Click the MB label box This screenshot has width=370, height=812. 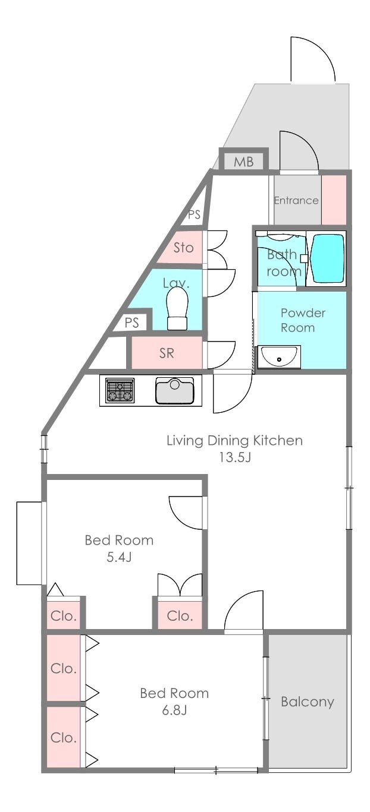[x=244, y=162]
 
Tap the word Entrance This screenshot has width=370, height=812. [x=296, y=200]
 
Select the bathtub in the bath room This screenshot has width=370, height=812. [x=328, y=258]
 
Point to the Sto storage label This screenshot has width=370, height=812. [x=183, y=248]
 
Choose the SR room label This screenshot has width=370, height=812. [x=167, y=353]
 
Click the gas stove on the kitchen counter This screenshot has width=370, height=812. [x=120, y=390]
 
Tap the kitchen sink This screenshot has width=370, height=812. [x=175, y=390]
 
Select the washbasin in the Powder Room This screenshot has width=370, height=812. [x=279, y=357]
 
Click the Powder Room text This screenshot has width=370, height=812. [x=303, y=320]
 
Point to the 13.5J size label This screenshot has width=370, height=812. [x=234, y=457]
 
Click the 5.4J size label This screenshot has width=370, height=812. [x=119, y=557]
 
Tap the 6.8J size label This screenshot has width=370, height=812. [x=174, y=710]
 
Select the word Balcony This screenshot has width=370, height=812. [x=308, y=702]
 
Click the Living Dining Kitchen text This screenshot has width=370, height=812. [x=234, y=440]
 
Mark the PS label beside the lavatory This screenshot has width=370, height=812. [x=132, y=323]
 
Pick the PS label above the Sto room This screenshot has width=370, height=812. [x=194, y=214]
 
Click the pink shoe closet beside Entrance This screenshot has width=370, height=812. [x=334, y=200]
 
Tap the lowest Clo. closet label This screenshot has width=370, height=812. [x=64, y=737]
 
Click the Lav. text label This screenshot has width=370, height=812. [x=176, y=283]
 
